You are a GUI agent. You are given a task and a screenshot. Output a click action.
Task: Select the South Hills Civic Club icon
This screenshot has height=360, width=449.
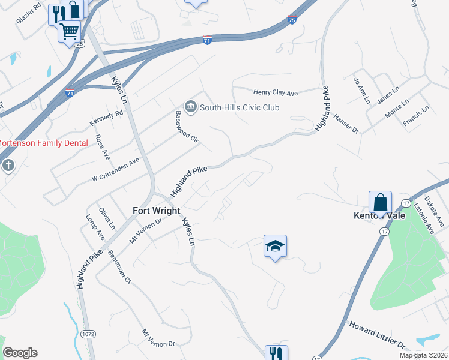click(191, 107)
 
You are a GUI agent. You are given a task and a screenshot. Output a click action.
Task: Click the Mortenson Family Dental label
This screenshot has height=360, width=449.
click(43, 143)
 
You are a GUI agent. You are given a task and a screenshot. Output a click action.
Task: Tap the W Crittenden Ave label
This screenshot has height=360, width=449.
click(115, 170)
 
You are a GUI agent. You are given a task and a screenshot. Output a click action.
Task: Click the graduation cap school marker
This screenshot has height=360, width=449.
click(275, 246)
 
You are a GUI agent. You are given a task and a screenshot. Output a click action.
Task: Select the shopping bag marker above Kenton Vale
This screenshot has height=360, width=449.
click(381, 202)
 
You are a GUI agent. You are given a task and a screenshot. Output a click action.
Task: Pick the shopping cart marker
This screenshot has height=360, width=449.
click(70, 31)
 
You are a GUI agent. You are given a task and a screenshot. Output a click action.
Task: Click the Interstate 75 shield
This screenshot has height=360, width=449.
click(292, 20)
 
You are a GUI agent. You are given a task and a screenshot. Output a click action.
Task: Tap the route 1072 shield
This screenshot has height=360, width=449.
click(88, 332)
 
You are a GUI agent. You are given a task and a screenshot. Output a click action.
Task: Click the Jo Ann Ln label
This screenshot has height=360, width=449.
click(362, 91)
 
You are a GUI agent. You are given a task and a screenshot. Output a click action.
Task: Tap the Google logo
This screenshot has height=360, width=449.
click(20, 353)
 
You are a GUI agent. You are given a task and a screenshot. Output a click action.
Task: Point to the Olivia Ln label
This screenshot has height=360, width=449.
click(107, 218)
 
